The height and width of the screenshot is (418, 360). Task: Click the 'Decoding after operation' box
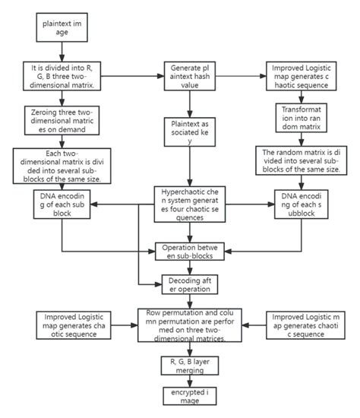point(183,284)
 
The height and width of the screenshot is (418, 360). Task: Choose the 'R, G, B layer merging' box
point(183,365)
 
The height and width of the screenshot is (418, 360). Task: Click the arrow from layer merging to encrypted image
point(183,381)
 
